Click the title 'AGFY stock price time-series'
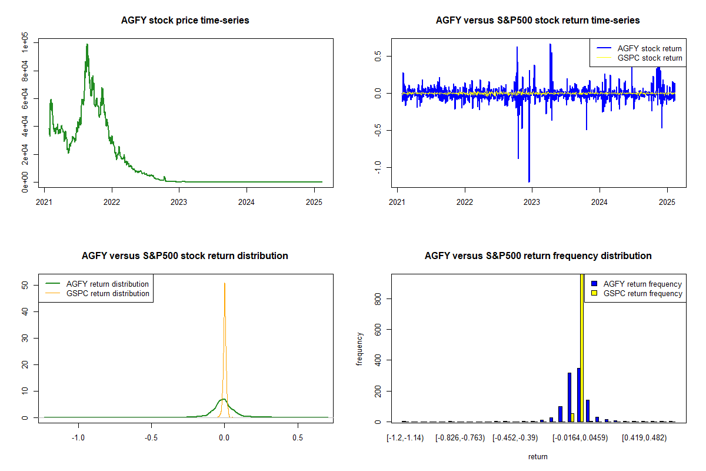[x=185, y=21]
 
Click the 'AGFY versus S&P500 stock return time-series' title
[x=538, y=21]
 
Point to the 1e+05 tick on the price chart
[x=26, y=43]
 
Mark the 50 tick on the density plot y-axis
[x=26, y=285]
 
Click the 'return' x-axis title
[x=538, y=456]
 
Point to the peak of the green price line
[x=87, y=44]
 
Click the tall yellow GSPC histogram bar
[x=582, y=353]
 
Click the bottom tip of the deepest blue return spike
[x=529, y=182]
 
